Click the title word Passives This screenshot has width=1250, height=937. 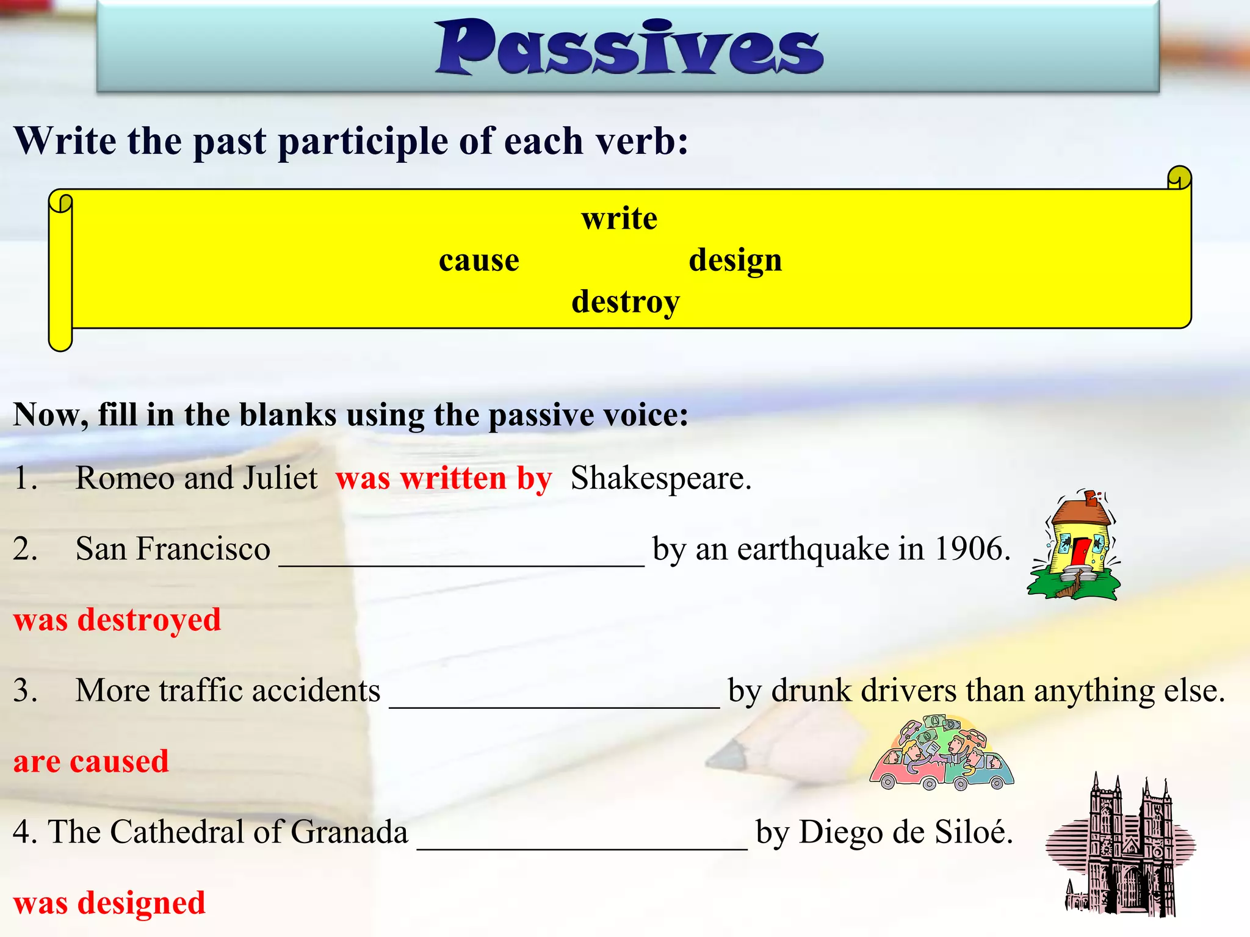(629, 48)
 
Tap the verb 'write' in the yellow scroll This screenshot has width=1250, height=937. (619, 218)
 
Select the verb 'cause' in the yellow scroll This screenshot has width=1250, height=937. (479, 260)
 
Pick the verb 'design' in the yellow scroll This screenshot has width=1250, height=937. (735, 260)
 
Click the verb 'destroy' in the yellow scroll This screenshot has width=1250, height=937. (625, 302)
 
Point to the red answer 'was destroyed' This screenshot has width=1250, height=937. (117, 620)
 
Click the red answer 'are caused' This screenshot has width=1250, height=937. (91, 761)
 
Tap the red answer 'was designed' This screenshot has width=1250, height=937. (109, 903)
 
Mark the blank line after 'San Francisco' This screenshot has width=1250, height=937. (461, 561)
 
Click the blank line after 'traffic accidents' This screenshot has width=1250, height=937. (554, 703)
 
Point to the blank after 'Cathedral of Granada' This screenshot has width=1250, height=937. (582, 844)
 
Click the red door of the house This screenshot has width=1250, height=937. (1079, 551)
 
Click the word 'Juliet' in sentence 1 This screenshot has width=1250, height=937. (280, 478)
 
